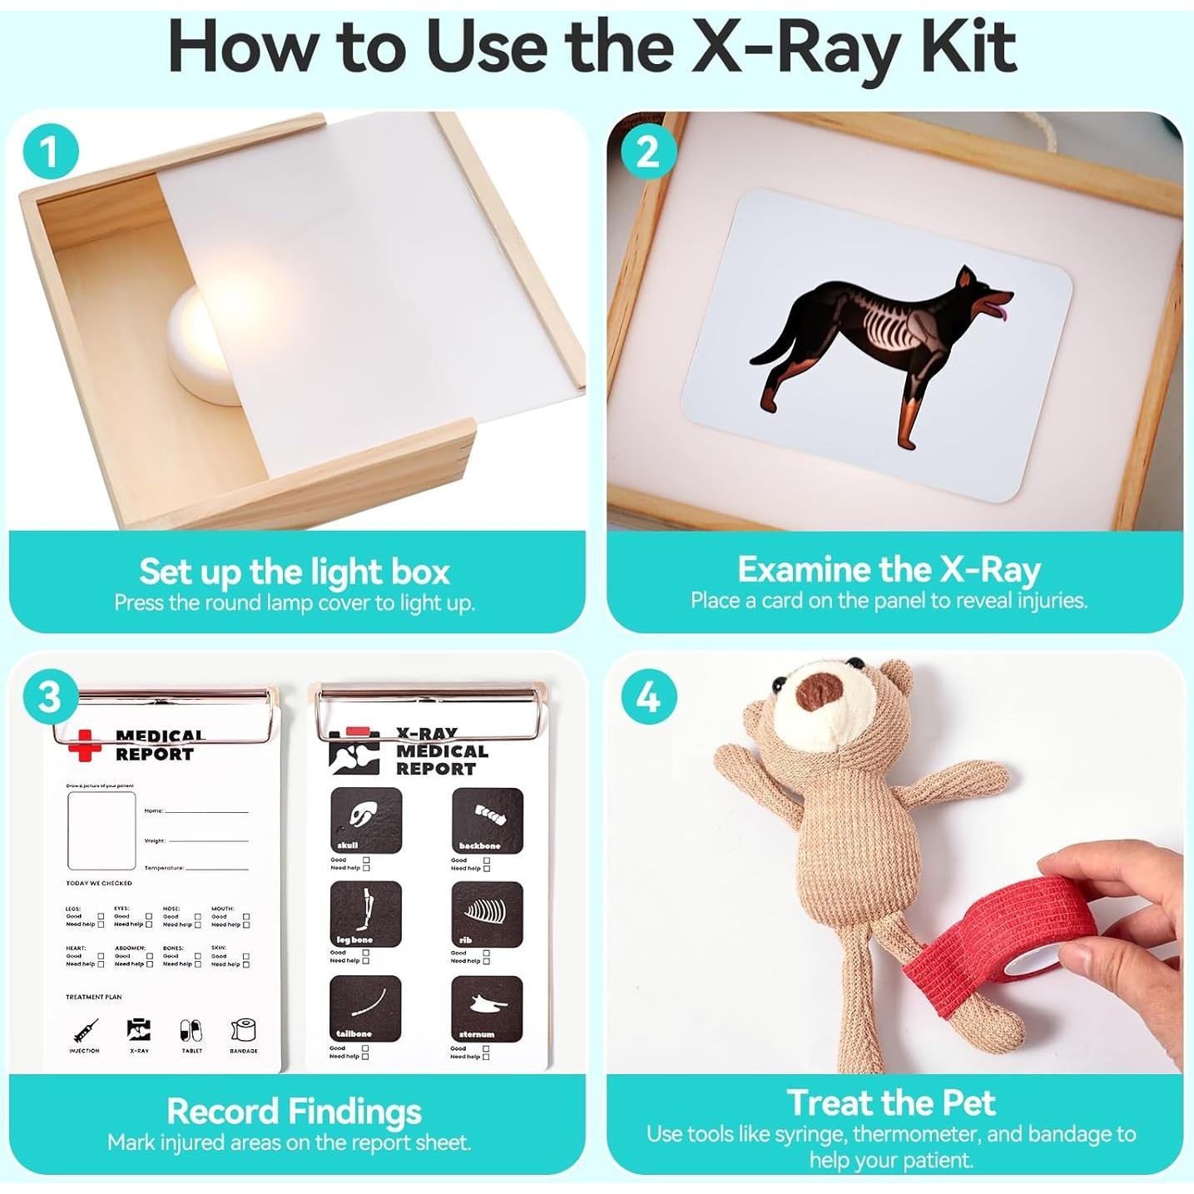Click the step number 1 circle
[50, 152]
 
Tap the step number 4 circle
[648, 697]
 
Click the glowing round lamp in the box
[204, 341]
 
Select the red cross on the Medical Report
[84, 745]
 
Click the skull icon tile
[366, 820]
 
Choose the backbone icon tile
[488, 820]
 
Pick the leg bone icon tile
[366, 914]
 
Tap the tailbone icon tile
[366, 1008]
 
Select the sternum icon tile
[487, 1008]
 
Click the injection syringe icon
[84, 1032]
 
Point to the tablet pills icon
[191, 1031]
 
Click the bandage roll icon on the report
[243, 1030]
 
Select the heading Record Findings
[294, 1112]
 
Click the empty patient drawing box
[102, 830]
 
